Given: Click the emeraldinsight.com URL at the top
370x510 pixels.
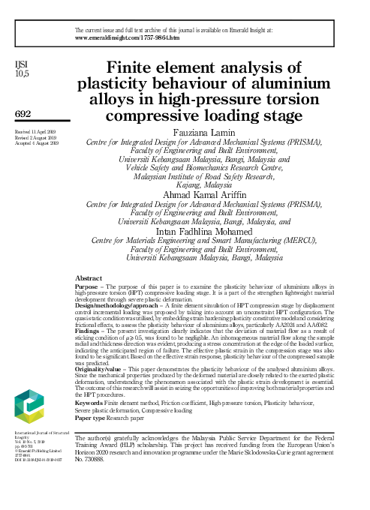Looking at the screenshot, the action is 127,37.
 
